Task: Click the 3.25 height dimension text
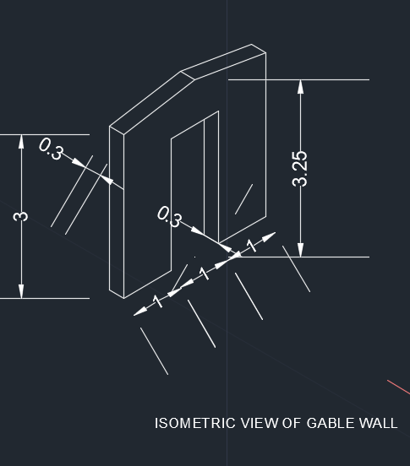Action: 300,169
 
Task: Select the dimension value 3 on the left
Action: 21,216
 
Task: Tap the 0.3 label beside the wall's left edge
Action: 52,149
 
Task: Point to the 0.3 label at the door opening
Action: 169,217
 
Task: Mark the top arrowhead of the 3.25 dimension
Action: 301,86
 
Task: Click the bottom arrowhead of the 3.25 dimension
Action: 301,250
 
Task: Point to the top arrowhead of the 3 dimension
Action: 21,141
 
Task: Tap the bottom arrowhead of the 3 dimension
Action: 21,291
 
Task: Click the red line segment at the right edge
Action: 399,387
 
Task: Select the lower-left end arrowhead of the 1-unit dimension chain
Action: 140,312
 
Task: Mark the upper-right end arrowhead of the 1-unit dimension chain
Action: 269,236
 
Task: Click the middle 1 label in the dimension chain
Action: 204,274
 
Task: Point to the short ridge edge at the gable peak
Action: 188,75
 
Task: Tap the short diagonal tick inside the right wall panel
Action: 243,199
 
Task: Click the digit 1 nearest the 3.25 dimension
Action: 252,246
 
